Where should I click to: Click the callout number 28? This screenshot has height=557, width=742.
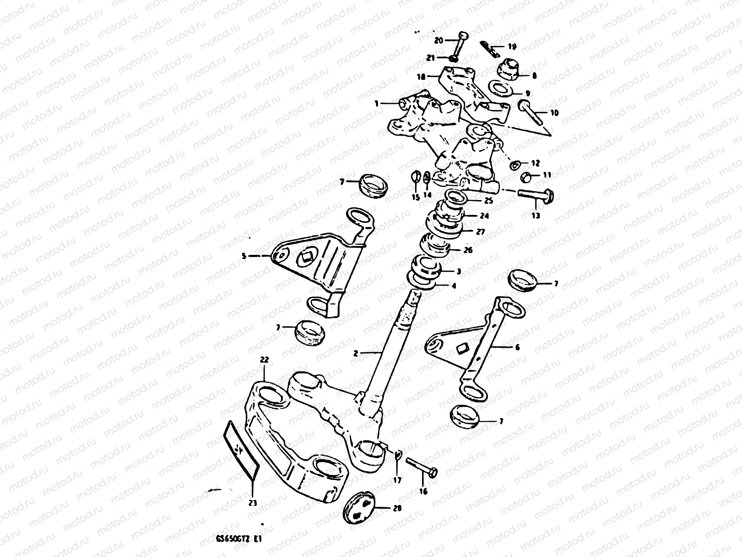pyautogui.click(x=397, y=508)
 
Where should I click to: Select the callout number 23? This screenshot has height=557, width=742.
pyautogui.click(x=253, y=502)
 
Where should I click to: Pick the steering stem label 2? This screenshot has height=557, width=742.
pyautogui.click(x=356, y=354)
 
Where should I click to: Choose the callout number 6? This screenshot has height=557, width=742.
pyautogui.click(x=518, y=347)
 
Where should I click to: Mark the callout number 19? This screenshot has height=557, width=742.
pyautogui.click(x=512, y=46)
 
